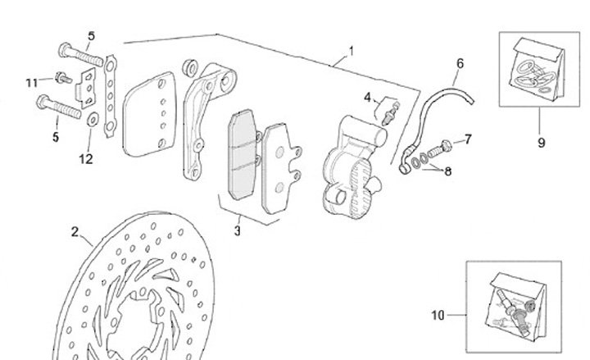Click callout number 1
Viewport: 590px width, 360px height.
pos(351,52)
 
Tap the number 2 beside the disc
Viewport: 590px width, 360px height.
pos(75,232)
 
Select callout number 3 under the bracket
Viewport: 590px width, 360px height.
pos(237,231)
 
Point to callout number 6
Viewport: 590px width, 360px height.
pos(460,63)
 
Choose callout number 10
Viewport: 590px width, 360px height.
pos(438,313)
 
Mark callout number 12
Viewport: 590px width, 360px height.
pos(86,159)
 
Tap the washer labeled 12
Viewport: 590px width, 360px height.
pos(91,121)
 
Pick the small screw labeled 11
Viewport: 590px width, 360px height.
pos(59,78)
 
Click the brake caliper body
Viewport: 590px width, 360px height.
pos(348,164)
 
